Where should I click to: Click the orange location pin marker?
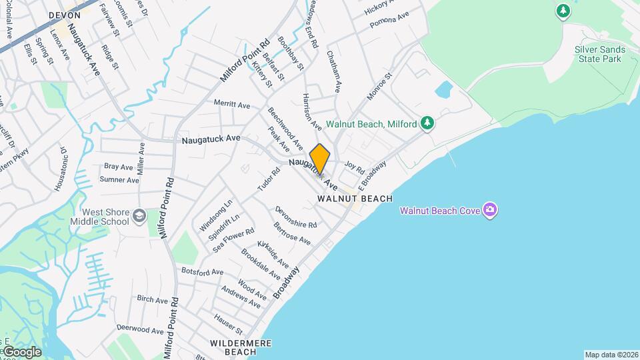pos(319,159)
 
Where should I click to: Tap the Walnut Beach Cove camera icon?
pos(491,211)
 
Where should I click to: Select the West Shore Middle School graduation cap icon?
pos(139,215)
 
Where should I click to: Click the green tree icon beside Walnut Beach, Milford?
pos(427,123)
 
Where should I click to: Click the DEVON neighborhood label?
pos(65,15)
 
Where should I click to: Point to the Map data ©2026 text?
pos(611,355)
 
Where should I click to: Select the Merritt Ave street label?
pos(231,105)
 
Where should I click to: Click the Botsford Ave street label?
pos(202,272)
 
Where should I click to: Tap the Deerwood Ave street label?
pos(140,330)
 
